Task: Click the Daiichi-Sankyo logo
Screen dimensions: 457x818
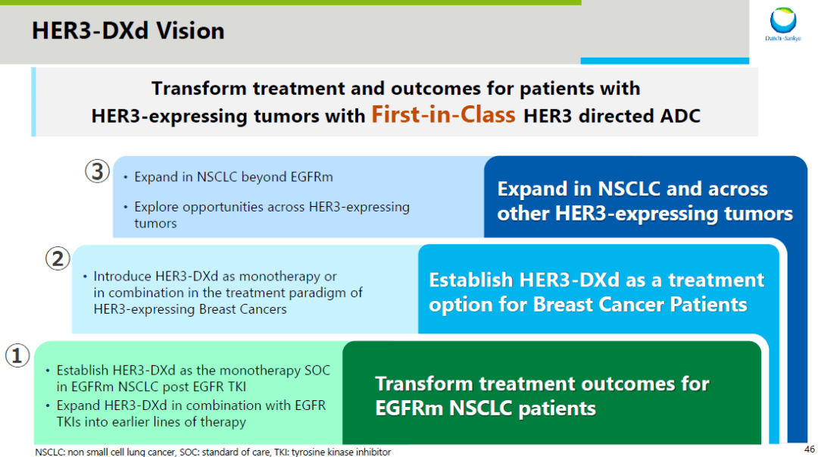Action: click(783, 24)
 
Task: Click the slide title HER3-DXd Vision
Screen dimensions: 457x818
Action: click(128, 31)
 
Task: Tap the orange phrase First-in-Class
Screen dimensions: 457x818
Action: click(443, 115)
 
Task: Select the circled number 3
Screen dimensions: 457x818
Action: click(98, 171)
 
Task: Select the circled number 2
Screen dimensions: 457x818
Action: click(58, 259)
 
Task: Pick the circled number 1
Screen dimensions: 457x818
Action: click(17, 355)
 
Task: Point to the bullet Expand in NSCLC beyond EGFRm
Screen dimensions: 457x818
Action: click(233, 177)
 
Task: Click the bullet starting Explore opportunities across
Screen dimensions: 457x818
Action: click(271, 214)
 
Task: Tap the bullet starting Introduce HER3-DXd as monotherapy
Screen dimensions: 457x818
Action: click(227, 293)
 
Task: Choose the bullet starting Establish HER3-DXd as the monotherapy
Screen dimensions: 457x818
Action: click(193, 377)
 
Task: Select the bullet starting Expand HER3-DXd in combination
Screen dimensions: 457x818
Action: click(191, 414)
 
